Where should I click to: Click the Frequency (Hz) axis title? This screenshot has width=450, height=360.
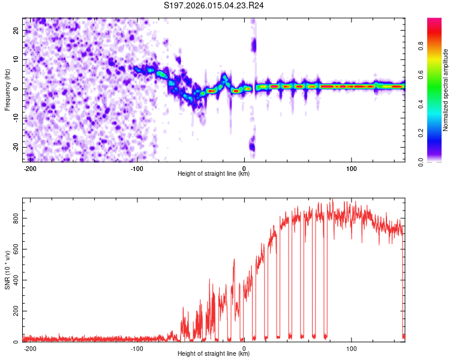(x=7, y=89)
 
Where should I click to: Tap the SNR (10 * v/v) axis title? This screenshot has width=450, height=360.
(x=7, y=269)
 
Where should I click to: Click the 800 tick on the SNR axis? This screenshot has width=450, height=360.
(x=16, y=218)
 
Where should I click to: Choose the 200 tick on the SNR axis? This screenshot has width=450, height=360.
(x=16, y=311)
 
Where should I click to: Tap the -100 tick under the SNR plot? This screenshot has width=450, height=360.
(x=137, y=348)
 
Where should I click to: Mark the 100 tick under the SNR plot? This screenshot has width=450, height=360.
(x=351, y=348)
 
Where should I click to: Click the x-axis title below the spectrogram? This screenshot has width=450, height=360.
(x=214, y=174)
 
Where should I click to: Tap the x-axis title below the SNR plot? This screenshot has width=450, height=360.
(x=214, y=354)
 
